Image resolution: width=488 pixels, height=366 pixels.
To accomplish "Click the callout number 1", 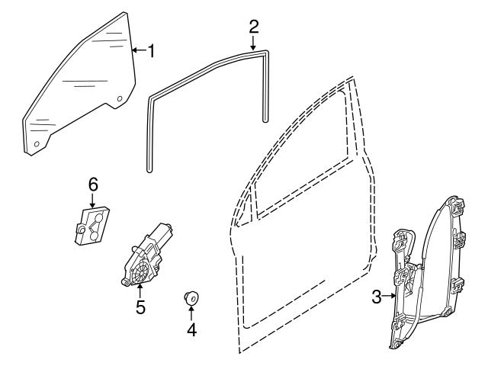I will tap(152, 51).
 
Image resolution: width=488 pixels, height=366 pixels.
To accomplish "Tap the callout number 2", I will tap(254, 26).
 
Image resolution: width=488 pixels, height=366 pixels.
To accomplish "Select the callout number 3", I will tap(377, 297).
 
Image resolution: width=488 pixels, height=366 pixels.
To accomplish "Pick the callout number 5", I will tap(140, 308).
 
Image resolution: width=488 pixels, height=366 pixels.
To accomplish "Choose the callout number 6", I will tap(93, 184).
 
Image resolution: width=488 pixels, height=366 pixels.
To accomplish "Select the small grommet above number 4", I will tap(191, 297).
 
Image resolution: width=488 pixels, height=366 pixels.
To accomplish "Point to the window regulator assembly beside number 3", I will tap(427, 274).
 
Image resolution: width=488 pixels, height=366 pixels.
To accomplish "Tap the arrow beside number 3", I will tap(389, 297).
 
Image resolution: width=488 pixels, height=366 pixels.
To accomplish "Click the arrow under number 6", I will tap(93, 201).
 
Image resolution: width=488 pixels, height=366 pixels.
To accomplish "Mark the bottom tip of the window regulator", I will tap(398, 347).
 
